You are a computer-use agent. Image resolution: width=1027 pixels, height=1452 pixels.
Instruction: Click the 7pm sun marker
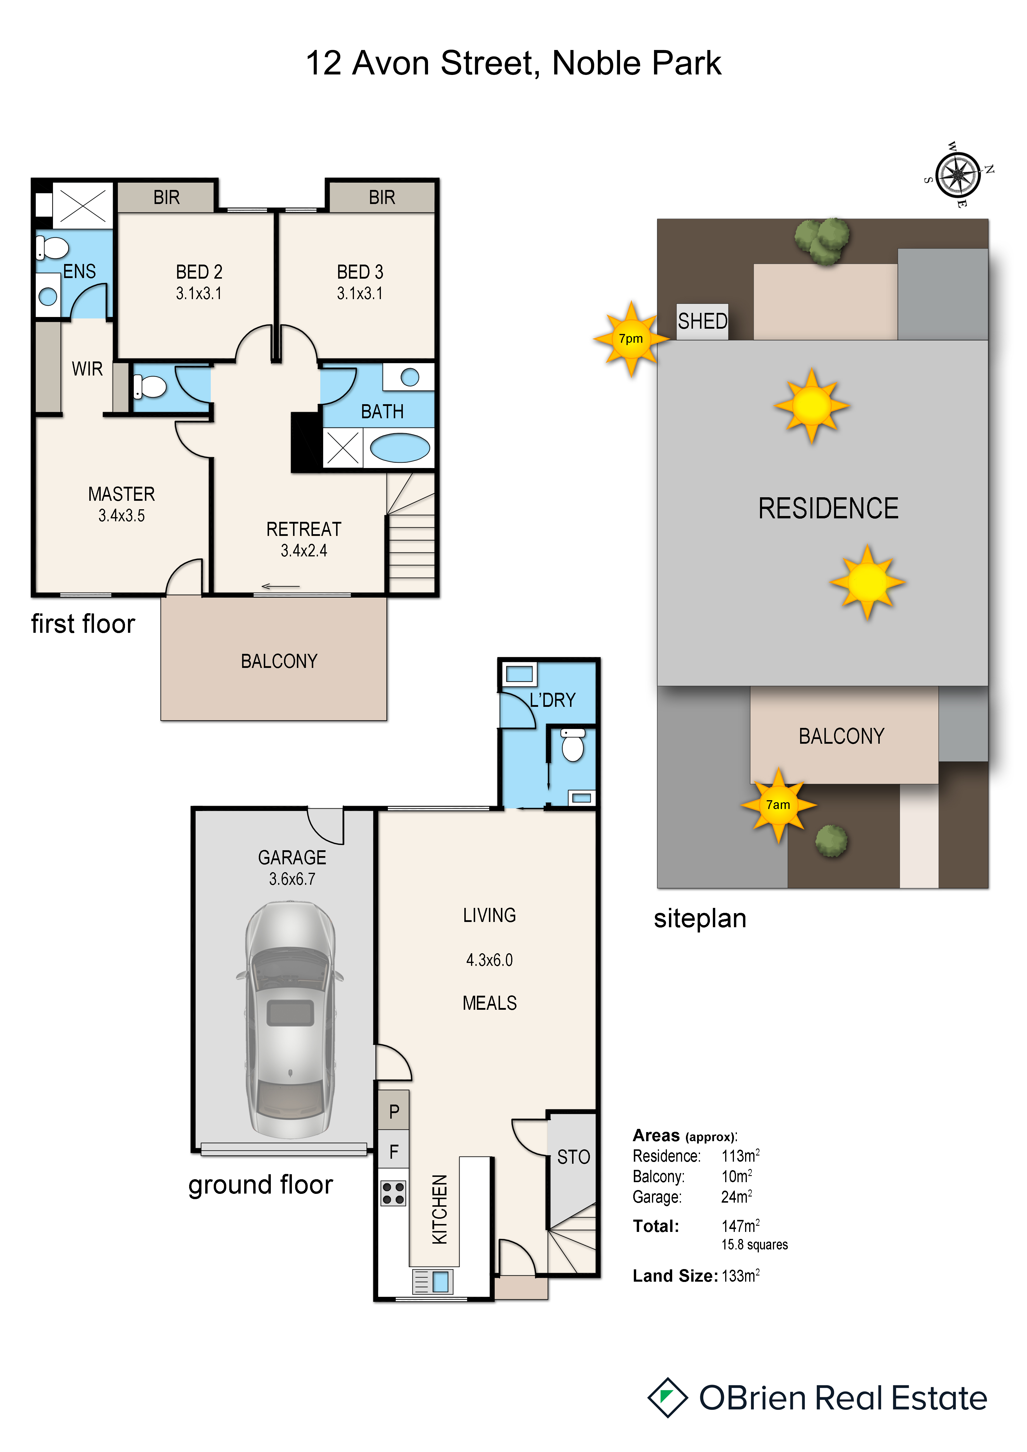click(631, 339)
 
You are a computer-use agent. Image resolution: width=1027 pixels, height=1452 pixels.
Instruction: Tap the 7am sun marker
click(778, 805)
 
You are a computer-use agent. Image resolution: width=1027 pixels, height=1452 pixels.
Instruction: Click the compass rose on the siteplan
click(958, 174)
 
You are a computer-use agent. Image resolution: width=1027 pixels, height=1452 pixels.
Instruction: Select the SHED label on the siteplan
click(703, 321)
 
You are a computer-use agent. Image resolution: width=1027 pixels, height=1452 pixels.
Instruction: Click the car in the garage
click(290, 1019)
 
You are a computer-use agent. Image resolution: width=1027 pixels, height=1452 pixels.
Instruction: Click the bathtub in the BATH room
click(400, 448)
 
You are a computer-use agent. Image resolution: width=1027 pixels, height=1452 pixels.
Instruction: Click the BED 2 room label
click(199, 272)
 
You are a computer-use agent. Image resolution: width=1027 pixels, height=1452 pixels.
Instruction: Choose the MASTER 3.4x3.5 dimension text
click(121, 515)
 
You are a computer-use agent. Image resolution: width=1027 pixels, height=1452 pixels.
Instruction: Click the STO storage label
click(574, 1157)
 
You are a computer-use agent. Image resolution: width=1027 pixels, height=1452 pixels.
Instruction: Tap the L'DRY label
click(553, 700)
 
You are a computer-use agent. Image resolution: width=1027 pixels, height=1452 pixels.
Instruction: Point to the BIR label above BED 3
click(382, 197)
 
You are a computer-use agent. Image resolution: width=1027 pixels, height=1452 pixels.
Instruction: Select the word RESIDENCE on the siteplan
click(829, 508)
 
